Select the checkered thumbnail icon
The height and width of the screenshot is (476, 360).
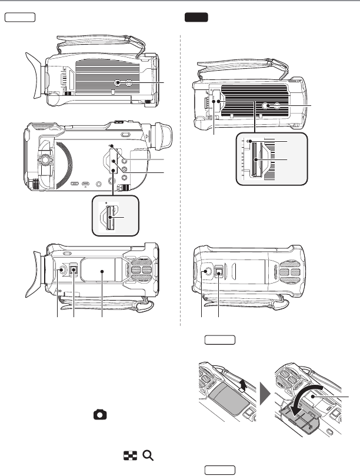[129, 455]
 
